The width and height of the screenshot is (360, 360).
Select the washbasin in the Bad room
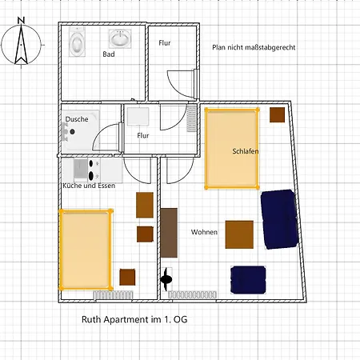pyautogui.click(x=121, y=39)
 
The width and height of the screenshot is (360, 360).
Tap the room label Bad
pyautogui.click(x=109, y=54)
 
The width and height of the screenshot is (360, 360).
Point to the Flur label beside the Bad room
pyautogui.click(x=164, y=42)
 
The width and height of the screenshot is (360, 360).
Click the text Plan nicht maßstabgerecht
pyautogui.click(x=254, y=48)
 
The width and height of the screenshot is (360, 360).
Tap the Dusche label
pyautogui.click(x=77, y=118)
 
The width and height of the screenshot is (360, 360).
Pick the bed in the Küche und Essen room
pyautogui.click(x=85, y=249)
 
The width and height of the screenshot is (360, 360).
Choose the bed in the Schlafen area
pyautogui.click(x=232, y=149)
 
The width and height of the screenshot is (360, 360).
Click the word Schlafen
pyautogui.click(x=245, y=151)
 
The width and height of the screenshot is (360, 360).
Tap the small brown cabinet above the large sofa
pyautogui.click(x=277, y=114)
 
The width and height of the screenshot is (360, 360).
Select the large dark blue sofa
pyautogui.click(x=279, y=218)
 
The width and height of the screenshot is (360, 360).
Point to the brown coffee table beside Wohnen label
pyautogui.click(x=239, y=234)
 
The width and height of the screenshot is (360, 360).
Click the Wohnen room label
pyautogui.click(x=204, y=232)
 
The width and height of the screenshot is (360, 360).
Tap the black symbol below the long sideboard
pyautogui.click(x=167, y=279)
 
